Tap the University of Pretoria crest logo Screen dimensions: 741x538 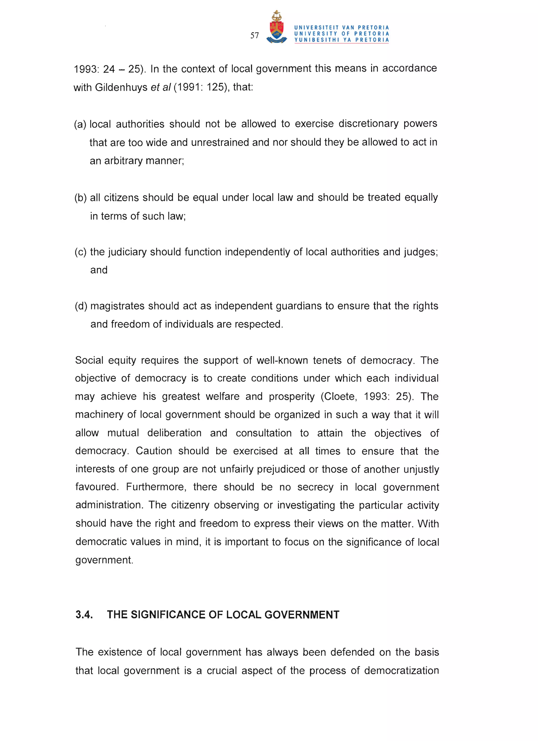(x=277, y=28)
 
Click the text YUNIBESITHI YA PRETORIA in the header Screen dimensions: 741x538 (x=342, y=40)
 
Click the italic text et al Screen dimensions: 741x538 (x=161, y=87)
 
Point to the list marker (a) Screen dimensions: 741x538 (x=80, y=124)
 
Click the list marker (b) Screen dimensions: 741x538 (x=80, y=198)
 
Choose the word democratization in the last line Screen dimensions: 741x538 (x=401, y=670)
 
